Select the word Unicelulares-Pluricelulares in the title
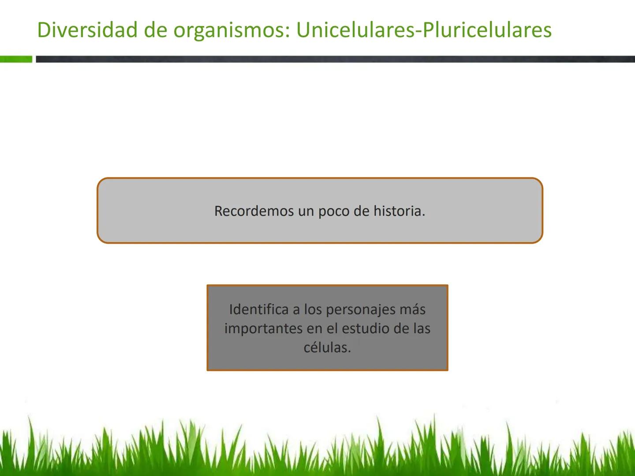coord(424,30)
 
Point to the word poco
coord(334,211)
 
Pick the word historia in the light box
coord(399,211)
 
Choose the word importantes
coord(263,329)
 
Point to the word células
coord(327,348)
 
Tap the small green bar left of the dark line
coord(16,59)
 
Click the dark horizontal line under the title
coord(335,59)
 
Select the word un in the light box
coord(306,211)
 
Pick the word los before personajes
coord(313,309)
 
